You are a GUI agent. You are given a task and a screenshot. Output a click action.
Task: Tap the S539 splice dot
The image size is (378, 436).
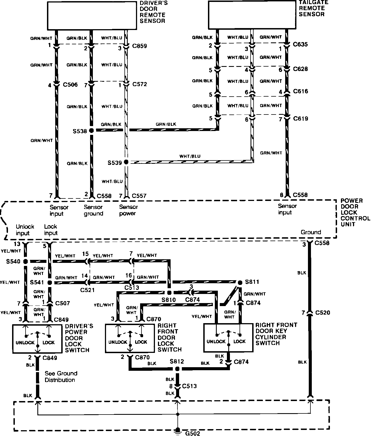click(126, 162)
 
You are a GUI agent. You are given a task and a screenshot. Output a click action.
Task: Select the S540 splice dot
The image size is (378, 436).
click(26, 261)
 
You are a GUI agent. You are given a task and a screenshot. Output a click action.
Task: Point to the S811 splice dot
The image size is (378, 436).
click(240, 282)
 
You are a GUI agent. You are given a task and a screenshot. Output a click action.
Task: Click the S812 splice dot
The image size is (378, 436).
click(177, 369)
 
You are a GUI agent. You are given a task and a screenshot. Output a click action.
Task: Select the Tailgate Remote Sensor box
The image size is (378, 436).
click(252, 15)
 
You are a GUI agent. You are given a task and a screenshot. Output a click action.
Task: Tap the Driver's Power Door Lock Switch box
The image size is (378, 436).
click(37, 339)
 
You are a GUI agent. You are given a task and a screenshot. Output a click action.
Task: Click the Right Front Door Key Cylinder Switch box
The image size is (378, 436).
click(228, 338)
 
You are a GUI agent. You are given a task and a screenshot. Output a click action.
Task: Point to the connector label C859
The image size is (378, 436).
click(140, 46)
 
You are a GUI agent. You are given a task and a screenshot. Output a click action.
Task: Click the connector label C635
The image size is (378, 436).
click(301, 44)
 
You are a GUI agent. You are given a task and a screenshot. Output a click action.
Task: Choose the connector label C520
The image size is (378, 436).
click(323, 313)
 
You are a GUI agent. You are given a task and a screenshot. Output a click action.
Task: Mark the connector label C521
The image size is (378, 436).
click(88, 290)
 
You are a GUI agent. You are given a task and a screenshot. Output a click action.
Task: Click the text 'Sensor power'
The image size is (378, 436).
click(128, 210)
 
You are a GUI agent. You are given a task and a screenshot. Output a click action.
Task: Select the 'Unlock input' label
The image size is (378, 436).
click(25, 230)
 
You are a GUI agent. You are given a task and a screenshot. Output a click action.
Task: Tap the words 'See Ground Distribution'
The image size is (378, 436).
click(61, 377)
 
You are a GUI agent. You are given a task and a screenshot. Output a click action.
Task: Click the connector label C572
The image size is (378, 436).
click(140, 84)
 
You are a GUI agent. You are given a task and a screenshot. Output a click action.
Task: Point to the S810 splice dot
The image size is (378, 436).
click(169, 292)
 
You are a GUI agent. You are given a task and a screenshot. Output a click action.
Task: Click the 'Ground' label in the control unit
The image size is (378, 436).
click(311, 232)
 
